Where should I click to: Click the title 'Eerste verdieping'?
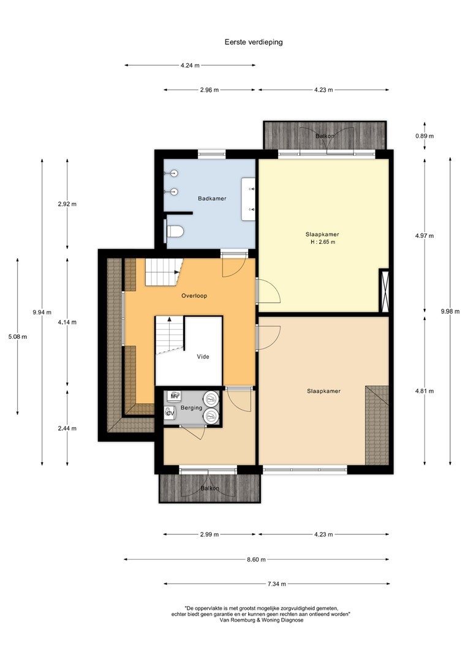click(x=254, y=42)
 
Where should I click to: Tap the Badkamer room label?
click(x=213, y=199)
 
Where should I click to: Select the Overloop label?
click(x=194, y=296)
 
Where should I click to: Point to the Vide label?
click(x=203, y=357)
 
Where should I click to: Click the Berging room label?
click(x=191, y=408)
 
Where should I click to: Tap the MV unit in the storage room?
click(x=174, y=396)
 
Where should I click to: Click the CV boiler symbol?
click(x=170, y=413)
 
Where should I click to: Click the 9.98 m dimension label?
click(x=450, y=311)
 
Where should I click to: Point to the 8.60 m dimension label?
click(x=256, y=560)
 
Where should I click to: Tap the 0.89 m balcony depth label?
click(x=425, y=136)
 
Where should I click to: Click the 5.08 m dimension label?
click(x=17, y=337)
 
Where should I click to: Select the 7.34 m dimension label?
click(x=277, y=584)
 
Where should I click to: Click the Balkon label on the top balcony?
click(x=325, y=136)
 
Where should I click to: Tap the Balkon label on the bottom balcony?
click(x=209, y=489)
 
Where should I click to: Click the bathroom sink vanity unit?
click(x=248, y=199)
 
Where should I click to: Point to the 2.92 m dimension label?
click(x=67, y=204)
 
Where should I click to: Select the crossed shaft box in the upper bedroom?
click(x=384, y=291)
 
